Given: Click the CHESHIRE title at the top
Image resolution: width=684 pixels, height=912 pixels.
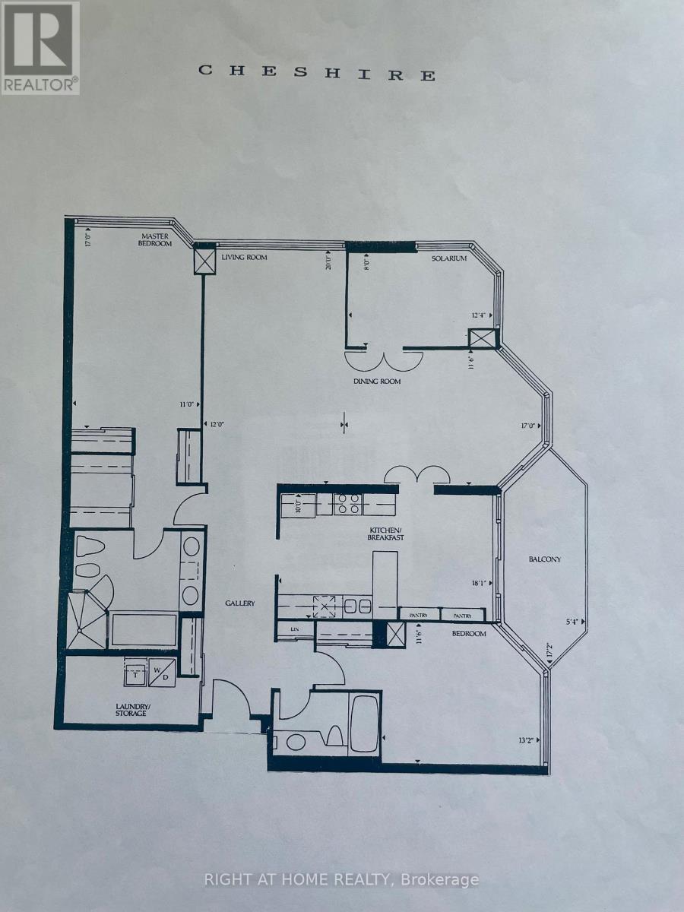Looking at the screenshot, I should (x=317, y=72).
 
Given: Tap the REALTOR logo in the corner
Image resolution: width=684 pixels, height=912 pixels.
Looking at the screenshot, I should (x=40, y=47).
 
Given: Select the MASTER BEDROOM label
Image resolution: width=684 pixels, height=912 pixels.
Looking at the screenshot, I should (x=155, y=239).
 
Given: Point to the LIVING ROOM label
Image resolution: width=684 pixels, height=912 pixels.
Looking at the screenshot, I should (x=244, y=258).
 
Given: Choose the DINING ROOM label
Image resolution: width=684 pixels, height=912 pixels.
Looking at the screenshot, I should (x=376, y=382).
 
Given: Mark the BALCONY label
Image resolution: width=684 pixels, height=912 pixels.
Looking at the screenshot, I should (x=545, y=559).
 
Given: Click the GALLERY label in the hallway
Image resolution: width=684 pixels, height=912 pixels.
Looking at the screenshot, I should (x=239, y=603).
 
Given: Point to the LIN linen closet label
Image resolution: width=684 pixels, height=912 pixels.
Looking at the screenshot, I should (x=293, y=629).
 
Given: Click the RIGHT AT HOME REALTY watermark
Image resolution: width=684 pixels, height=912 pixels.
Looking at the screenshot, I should (x=342, y=879).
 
